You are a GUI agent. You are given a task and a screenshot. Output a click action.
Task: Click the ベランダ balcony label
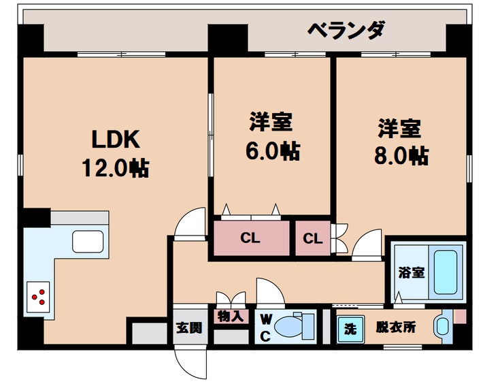[346, 31]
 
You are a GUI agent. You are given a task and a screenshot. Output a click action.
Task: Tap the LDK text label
[116, 139]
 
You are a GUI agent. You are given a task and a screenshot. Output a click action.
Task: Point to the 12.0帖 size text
[116, 167]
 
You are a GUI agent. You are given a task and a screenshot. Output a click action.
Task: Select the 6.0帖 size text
[272, 151]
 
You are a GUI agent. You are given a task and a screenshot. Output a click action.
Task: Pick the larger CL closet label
[250, 239]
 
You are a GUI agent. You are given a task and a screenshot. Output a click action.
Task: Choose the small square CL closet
[312, 239]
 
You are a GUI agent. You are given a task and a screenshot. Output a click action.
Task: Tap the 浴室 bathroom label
[411, 272]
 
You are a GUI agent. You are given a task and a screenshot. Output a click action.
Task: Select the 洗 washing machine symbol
[350, 328]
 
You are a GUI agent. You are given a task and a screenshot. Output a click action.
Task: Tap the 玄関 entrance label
[189, 328]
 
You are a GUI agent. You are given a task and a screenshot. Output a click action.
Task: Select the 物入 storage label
[231, 317]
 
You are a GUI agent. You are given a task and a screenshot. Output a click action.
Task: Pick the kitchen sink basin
[87, 242]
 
